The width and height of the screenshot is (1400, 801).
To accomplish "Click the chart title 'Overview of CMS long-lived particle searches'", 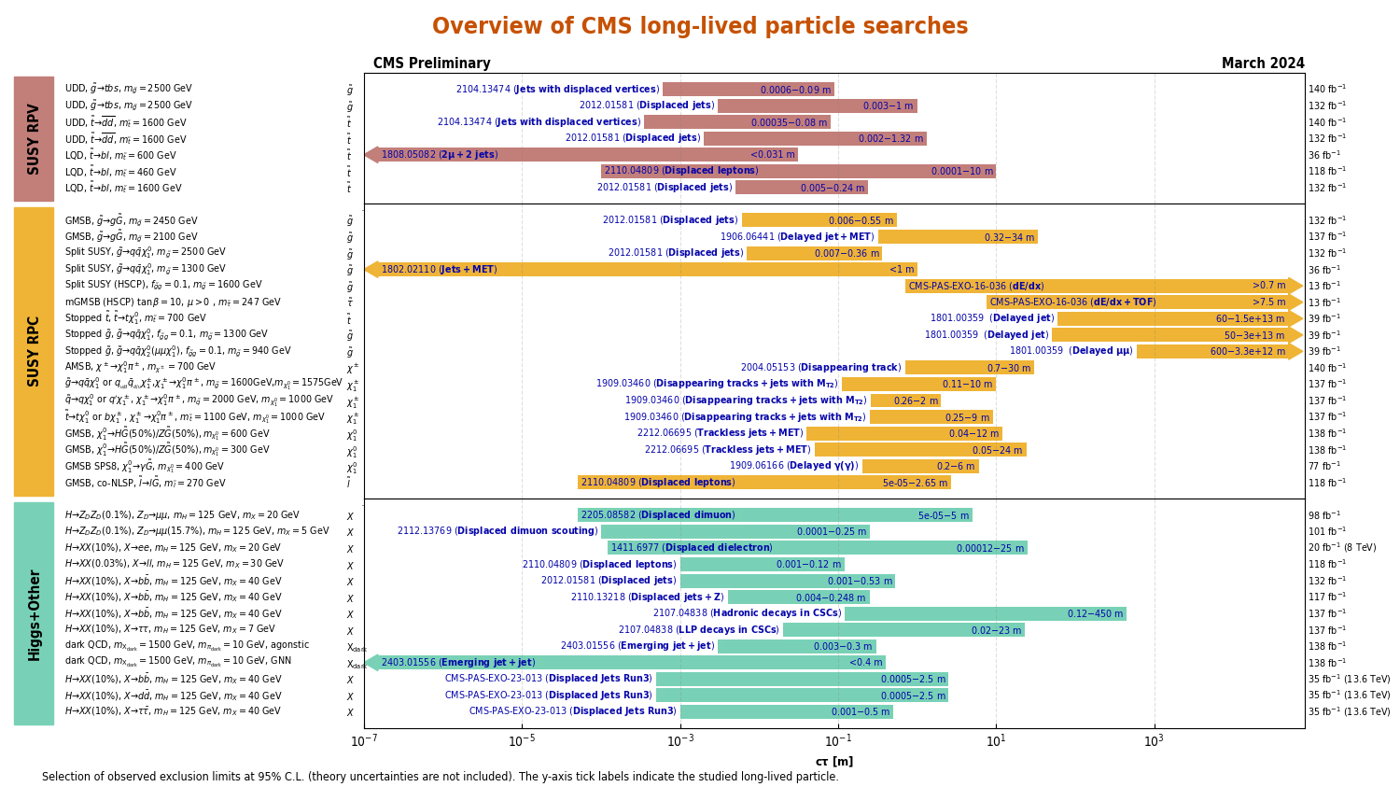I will coord(699,26).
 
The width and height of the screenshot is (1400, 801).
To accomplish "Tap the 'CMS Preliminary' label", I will coord(431,63).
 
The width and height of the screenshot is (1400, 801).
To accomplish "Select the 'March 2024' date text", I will coord(1262,63).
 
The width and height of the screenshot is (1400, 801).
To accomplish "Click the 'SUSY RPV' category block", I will coord(34,138).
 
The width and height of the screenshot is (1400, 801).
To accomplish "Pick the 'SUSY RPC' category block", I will coord(34,351).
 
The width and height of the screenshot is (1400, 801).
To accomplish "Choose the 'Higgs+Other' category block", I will coord(34,613).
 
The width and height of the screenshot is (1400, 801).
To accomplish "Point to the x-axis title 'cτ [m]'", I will coord(833,762).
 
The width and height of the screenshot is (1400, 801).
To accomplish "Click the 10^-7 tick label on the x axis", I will coord(363,741).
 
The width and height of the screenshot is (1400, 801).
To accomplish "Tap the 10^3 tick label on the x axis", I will coord(1154,741).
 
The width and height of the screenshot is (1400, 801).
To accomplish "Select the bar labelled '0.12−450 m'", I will coord(985,613).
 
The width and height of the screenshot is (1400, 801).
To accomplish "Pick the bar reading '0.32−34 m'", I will coord(958,237).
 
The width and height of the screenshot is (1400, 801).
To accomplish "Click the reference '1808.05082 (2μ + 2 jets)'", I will coord(440,155).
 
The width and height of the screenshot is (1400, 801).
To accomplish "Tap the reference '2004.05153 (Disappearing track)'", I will coord(820,368).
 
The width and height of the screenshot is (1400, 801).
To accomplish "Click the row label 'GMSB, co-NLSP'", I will coord(145,483).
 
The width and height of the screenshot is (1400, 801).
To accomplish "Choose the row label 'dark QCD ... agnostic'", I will coord(187,645).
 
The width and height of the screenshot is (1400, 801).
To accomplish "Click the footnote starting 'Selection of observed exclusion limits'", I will coord(440,777).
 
